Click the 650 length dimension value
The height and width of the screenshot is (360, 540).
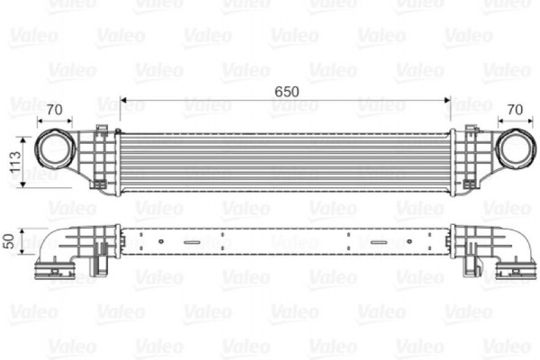pos(287,90)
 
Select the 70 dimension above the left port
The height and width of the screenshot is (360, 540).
pos(54,110)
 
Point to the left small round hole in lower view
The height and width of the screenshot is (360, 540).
pos(160,241)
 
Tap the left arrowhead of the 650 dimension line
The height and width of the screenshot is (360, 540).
pos(124,100)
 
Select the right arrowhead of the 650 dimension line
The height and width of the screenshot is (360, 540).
pos(447,100)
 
